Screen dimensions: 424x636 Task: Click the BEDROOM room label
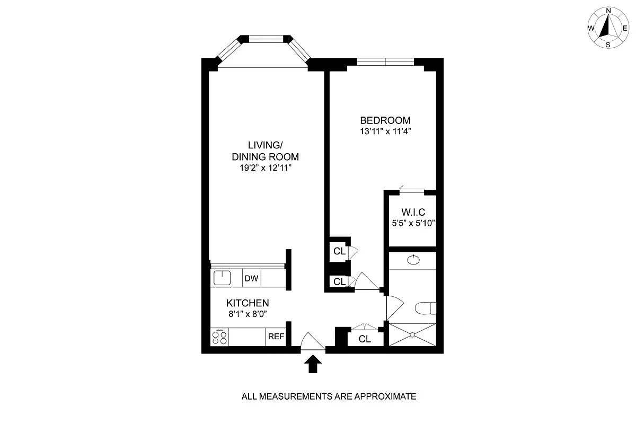tap(385, 120)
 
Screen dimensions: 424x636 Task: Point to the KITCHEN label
tap(248, 303)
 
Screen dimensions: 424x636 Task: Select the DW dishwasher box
tap(251, 277)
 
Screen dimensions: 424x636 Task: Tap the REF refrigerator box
tap(276, 337)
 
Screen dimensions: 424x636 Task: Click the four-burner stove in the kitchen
tap(219, 337)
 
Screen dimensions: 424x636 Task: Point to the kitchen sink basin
tap(221, 277)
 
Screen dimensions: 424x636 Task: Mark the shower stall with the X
tap(412, 334)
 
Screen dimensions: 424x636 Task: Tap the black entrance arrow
tap(313, 364)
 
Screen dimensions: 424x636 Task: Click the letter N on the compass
tap(608, 11)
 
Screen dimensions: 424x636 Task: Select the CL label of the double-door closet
tap(364, 339)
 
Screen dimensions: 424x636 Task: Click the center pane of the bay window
tap(264, 38)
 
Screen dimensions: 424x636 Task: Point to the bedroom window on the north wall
tap(385, 61)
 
